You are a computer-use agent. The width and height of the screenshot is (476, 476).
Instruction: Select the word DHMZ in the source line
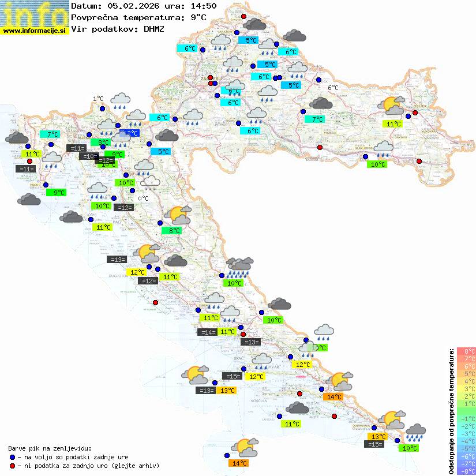(x=153, y=28)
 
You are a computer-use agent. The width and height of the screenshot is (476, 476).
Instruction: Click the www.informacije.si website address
(x=35, y=30)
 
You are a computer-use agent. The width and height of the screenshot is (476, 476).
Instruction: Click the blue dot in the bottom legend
(x=12, y=456)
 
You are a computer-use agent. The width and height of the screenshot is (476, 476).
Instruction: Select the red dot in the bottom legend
(x=12, y=466)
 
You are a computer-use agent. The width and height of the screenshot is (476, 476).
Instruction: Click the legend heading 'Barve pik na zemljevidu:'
(x=50, y=448)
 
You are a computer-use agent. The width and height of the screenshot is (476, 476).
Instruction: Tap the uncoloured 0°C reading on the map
(x=143, y=198)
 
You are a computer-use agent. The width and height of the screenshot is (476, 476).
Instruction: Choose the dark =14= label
(x=207, y=332)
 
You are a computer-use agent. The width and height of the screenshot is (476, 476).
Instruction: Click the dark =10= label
(x=88, y=156)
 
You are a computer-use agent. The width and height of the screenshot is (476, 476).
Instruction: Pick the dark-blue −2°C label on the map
(x=130, y=133)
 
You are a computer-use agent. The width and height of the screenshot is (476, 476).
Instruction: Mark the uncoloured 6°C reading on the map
(x=333, y=88)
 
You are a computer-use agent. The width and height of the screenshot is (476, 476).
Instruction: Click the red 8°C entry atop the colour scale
(x=466, y=351)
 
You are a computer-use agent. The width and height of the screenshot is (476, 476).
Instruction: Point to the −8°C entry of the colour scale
(x=466, y=471)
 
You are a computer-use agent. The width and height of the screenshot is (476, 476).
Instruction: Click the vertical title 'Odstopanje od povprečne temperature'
(x=451, y=411)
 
